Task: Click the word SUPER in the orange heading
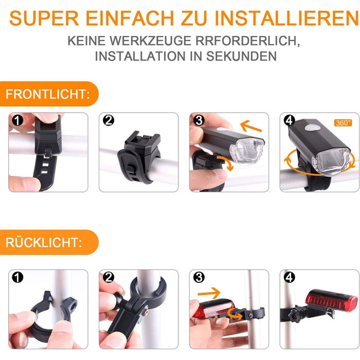44,18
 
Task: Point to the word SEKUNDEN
241,56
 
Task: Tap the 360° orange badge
343,123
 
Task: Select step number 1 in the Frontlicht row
17,120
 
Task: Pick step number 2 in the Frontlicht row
109,120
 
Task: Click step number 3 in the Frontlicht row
199,120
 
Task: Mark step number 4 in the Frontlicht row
289,120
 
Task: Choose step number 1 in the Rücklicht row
17,277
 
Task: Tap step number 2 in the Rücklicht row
109,277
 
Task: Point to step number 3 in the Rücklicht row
199,277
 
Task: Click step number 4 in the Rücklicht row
289,277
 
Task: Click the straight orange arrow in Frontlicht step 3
251,127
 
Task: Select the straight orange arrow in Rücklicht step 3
209,293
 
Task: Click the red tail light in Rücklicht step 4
331,300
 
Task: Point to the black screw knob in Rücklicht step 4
296,316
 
